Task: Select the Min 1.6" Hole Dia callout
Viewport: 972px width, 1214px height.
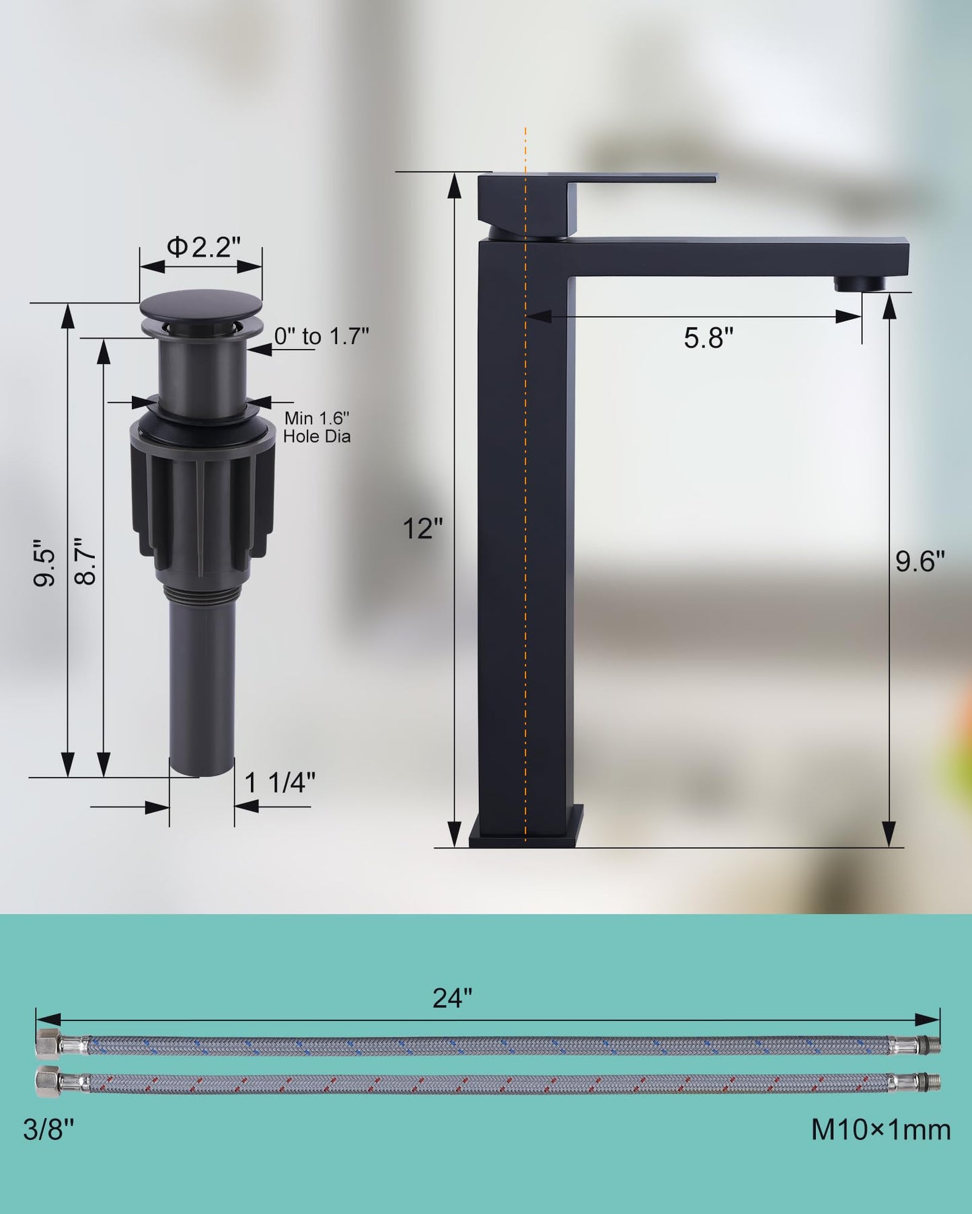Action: (317, 428)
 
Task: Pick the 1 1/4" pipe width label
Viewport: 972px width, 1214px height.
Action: (280, 782)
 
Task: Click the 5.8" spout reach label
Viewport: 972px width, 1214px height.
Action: (708, 337)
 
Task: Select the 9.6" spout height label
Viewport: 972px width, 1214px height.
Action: (920, 561)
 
